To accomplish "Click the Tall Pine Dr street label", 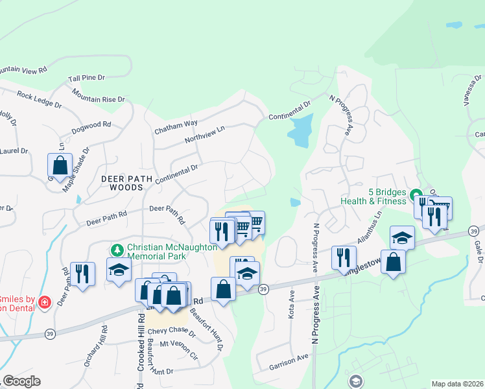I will pos(86,78).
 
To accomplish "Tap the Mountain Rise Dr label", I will pos(98,96).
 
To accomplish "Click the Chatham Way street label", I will pos(176,126).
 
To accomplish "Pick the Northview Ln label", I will pos(204,134).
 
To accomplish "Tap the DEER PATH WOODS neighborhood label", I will pos(121,182).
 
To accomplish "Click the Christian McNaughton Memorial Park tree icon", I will pos(117,250).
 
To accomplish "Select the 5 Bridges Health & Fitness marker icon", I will pos(416,194).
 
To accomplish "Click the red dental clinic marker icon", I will pos(44,302).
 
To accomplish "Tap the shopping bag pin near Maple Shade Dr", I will pos(60,165).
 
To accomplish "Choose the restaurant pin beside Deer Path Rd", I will pos(82,272).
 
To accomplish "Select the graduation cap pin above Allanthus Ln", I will pos(402,237).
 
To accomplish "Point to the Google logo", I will pos(22,381).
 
